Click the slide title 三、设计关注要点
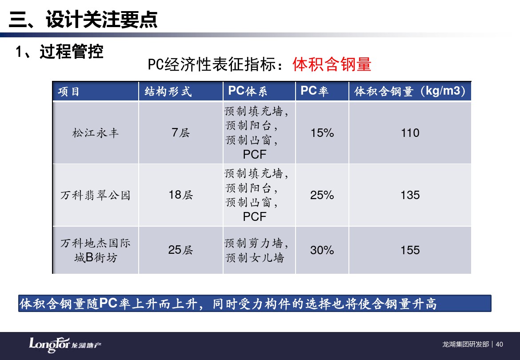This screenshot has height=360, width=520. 83,19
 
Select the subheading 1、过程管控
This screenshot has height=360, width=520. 60,52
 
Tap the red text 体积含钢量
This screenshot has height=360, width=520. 332,64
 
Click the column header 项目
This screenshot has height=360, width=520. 68,92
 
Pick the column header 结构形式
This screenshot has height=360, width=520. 168,92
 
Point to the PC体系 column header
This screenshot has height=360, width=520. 248,91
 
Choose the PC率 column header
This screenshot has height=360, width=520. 314,91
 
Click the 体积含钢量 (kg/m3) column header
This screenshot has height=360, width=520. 410,91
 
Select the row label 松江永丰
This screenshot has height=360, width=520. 96,133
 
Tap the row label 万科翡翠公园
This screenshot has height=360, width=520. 96,195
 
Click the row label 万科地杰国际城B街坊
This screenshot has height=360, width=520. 96,250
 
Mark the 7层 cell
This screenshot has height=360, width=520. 181,133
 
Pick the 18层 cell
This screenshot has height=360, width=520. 181,195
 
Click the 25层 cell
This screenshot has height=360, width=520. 181,250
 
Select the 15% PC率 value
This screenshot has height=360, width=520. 322,133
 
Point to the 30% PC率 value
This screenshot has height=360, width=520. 322,250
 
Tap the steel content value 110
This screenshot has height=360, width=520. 410,133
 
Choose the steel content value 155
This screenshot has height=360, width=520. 410,250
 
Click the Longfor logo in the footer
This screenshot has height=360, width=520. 65,345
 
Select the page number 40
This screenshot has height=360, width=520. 500,344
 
